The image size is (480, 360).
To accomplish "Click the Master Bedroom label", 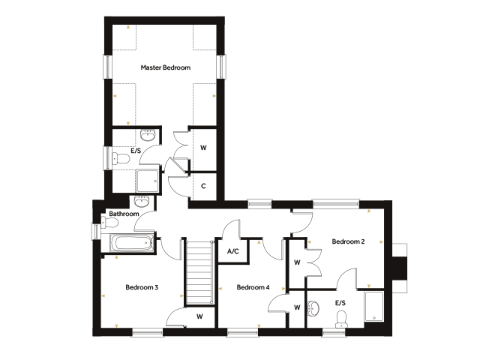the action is (166, 67).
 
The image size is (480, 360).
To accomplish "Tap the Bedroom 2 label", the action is (348, 241).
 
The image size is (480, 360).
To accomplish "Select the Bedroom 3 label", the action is (142, 287).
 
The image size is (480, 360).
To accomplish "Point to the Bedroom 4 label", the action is (253, 287).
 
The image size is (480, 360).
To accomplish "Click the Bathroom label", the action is (124, 214).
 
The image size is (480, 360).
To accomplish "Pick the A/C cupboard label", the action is (233, 251).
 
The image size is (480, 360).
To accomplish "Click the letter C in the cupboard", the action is (203, 186).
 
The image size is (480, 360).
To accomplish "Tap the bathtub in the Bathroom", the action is (132, 243).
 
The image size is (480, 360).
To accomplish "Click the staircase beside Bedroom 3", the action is (199, 272).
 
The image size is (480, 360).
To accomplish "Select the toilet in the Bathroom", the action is (109, 223).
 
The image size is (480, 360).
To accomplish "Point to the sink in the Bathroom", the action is (142, 202).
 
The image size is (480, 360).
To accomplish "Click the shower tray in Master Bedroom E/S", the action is (147, 181).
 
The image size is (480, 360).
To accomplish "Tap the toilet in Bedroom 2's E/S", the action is (340, 319).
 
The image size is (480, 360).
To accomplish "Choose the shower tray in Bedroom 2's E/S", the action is (373, 306).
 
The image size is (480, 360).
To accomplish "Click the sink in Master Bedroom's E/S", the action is (148, 135).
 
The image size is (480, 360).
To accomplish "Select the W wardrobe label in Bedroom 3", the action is (199, 316).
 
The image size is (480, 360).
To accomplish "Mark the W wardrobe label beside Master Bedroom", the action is (203, 148).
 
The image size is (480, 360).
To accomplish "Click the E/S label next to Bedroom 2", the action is (340, 303).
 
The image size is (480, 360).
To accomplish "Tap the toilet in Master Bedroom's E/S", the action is (121, 159).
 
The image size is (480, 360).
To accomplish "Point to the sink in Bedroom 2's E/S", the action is (313, 308).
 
